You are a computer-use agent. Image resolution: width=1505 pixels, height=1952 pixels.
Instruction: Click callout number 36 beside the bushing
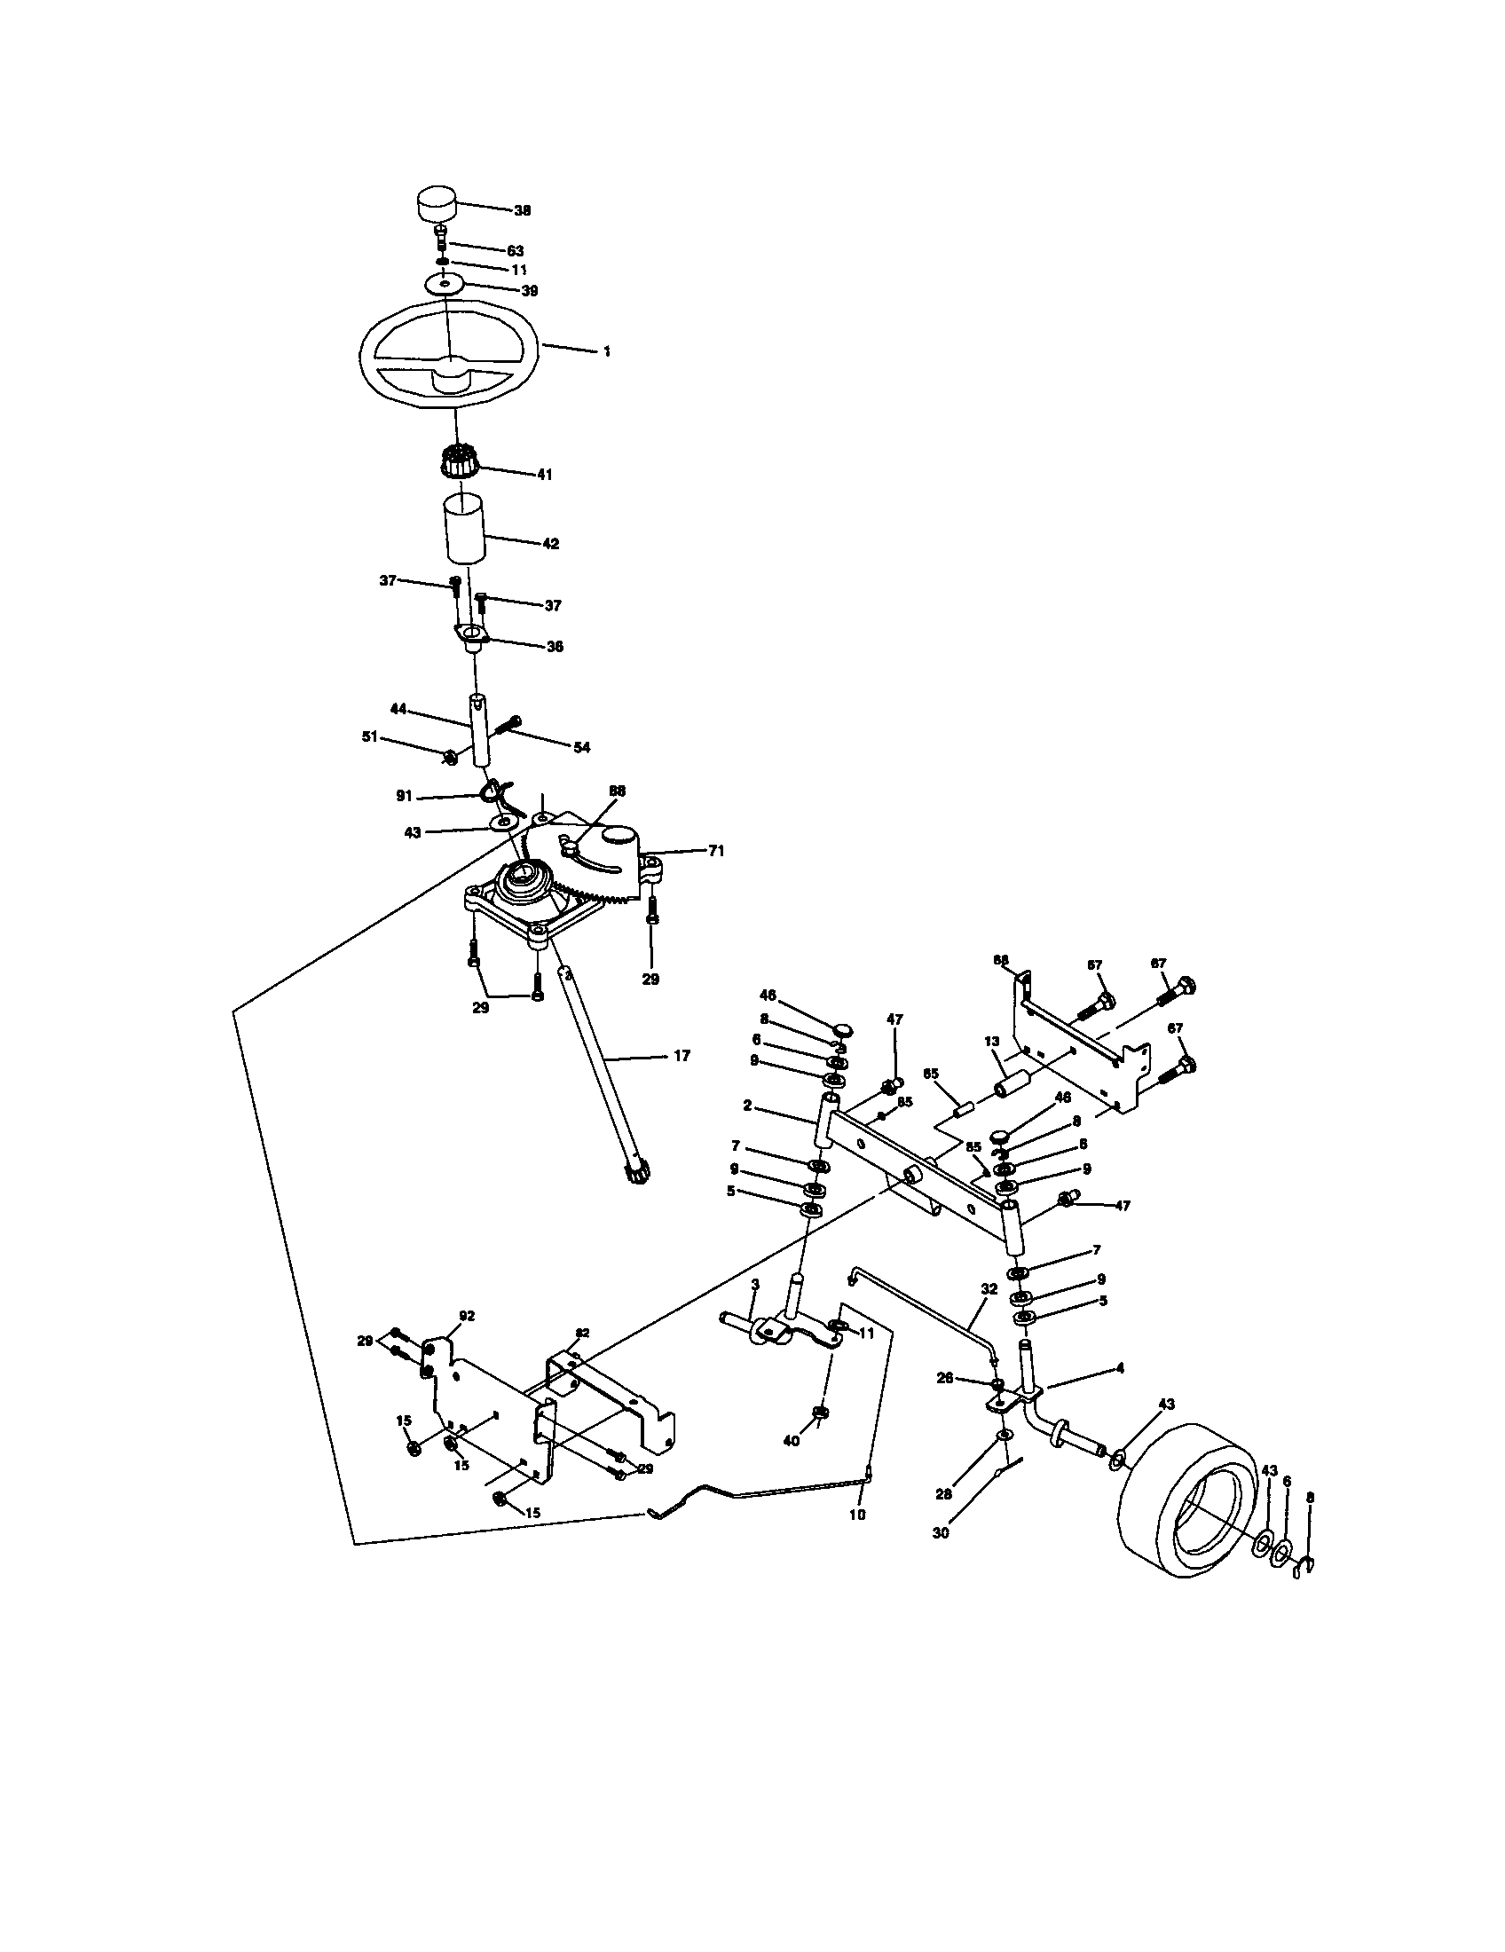pyautogui.click(x=554, y=646)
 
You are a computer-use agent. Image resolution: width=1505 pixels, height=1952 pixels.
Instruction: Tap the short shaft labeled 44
pyautogui.click(x=481, y=728)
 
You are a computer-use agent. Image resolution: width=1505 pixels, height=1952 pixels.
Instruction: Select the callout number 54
pyautogui.click(x=581, y=747)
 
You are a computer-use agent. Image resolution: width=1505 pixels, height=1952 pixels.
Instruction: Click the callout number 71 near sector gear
pyautogui.click(x=716, y=851)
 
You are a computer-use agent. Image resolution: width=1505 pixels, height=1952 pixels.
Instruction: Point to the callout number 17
pyautogui.click(x=681, y=1056)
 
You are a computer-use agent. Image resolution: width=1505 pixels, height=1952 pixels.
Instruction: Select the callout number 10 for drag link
pyautogui.click(x=856, y=1515)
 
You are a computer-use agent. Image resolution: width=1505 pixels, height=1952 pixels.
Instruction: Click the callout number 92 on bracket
pyautogui.click(x=467, y=1316)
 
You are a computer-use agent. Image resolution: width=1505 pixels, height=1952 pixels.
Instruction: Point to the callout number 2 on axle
pyautogui.click(x=747, y=1106)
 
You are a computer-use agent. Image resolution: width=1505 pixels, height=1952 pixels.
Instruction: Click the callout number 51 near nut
pyautogui.click(x=369, y=736)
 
